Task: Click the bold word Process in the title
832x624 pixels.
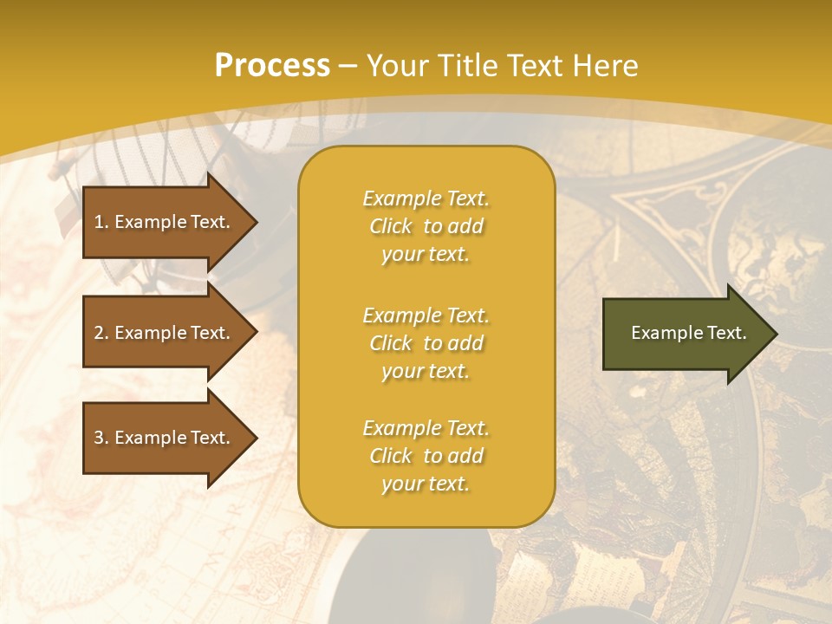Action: point(272,66)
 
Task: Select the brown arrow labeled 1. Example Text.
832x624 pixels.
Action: point(165,222)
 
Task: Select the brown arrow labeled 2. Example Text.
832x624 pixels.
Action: point(165,333)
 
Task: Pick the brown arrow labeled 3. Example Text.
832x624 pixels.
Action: point(165,438)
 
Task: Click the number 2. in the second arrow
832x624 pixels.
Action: point(101,333)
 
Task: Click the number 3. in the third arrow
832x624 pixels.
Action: point(101,438)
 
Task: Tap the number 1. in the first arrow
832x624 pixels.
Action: point(101,222)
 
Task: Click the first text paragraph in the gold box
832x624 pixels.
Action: point(426,226)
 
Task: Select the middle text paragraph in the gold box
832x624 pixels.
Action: point(426,343)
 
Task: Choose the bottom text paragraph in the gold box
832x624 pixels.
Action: point(426,456)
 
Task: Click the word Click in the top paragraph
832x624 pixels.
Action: point(391,226)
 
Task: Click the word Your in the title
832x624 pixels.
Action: point(395,66)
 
